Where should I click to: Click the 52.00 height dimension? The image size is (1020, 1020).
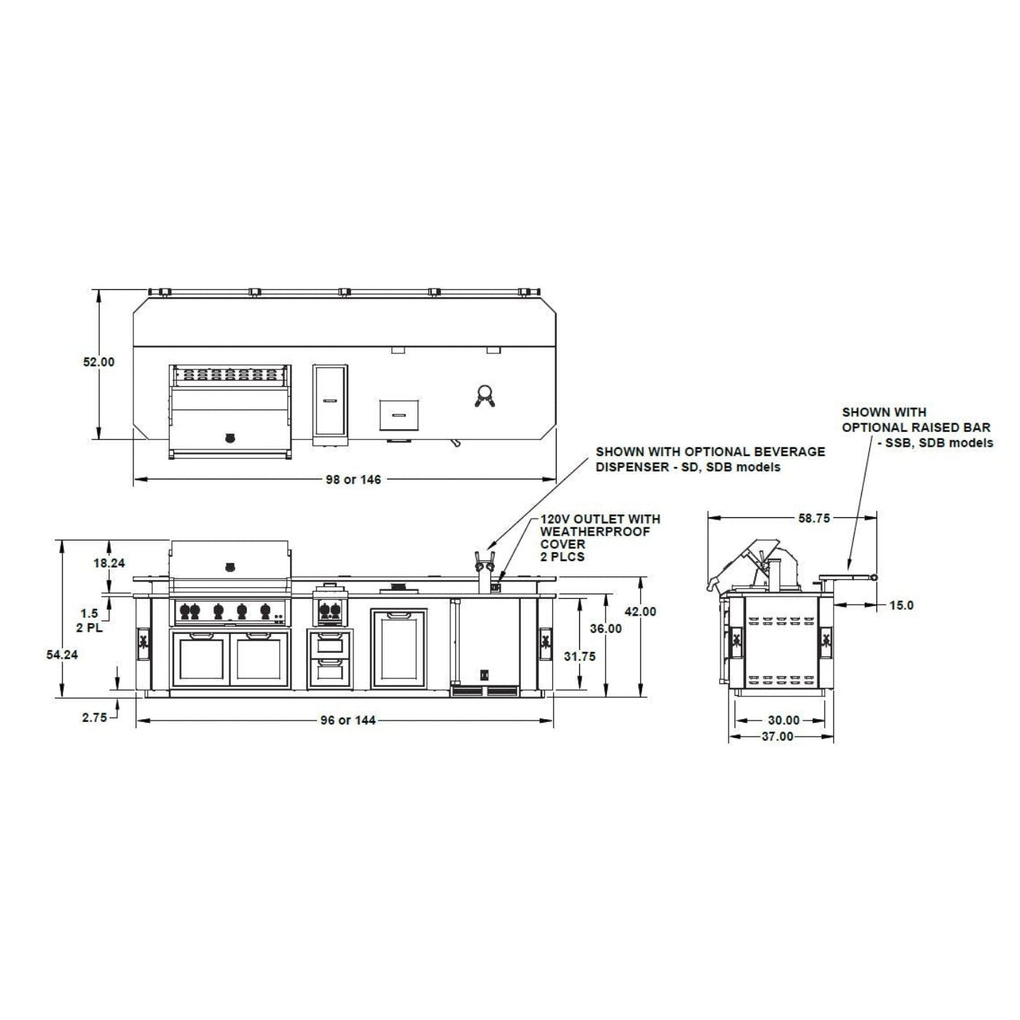pyautogui.click(x=98, y=362)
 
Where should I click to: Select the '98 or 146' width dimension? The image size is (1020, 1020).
pyautogui.click(x=353, y=479)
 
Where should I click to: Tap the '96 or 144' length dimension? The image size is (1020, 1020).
pyautogui.click(x=348, y=721)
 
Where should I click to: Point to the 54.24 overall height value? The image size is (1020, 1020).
pyautogui.click(x=62, y=655)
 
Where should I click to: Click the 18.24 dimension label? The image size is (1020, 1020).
pyautogui.click(x=109, y=563)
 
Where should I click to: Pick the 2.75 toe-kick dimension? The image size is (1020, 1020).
pyautogui.click(x=94, y=718)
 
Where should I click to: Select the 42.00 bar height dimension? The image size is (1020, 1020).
pyautogui.click(x=640, y=611)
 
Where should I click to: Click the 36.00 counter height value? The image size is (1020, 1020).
pyautogui.click(x=606, y=628)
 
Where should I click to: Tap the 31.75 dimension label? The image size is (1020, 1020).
pyautogui.click(x=580, y=656)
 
